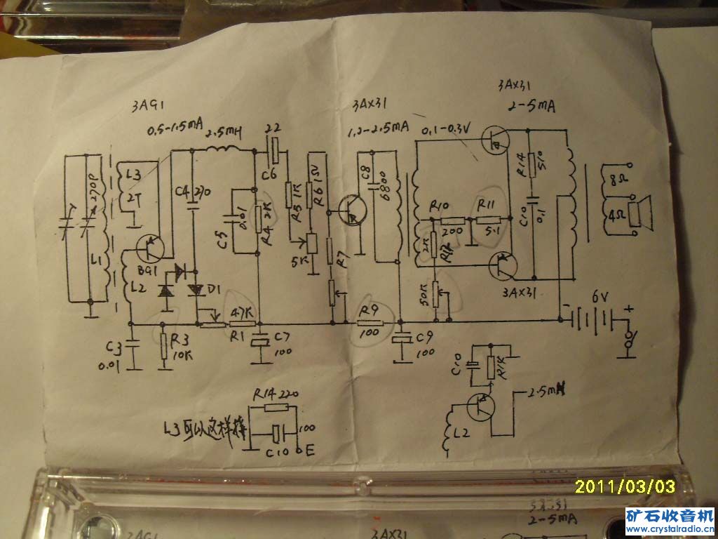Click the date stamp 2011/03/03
click(x=625, y=486)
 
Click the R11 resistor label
click(x=486, y=204)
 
